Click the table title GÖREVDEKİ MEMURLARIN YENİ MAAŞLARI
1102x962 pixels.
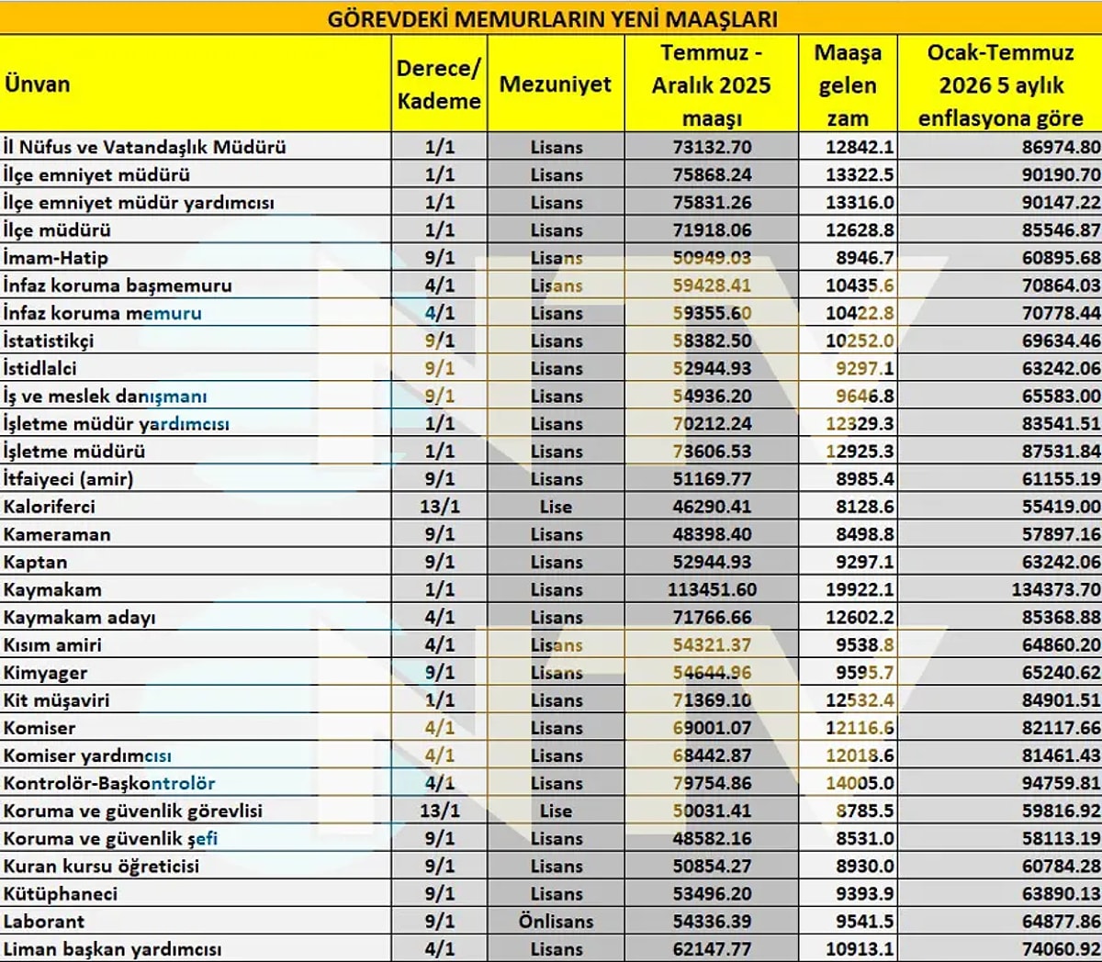[x=552, y=18]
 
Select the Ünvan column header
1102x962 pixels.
[x=38, y=84]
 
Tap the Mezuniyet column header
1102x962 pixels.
[x=555, y=84]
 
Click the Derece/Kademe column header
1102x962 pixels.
[x=439, y=84]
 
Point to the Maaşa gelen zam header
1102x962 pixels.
[x=847, y=84]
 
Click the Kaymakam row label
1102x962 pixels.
[x=52, y=589]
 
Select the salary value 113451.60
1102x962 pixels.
[x=712, y=589]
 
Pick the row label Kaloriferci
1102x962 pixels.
[x=50, y=507]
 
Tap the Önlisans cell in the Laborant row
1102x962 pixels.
[x=556, y=921]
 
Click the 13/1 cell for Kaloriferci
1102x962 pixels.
[x=439, y=507]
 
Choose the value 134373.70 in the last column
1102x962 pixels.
[x=1056, y=589]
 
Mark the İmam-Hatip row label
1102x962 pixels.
[x=55, y=258]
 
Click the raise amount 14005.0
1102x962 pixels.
[x=860, y=783]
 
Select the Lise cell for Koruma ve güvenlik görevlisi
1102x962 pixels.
[x=556, y=811]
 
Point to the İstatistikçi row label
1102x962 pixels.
[x=49, y=341]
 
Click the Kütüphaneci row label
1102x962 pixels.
[x=61, y=893]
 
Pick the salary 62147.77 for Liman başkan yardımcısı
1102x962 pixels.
[x=712, y=948]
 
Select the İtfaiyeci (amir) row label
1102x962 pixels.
[x=68, y=479]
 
